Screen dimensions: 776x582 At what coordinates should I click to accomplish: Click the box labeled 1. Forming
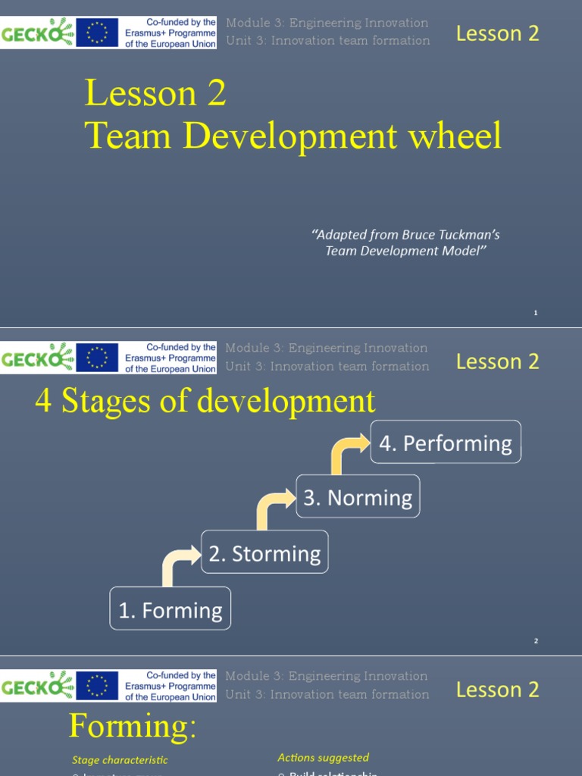(x=171, y=609)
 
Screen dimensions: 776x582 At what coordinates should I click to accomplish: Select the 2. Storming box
(x=264, y=553)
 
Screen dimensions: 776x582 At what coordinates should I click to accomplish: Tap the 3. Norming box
(x=358, y=497)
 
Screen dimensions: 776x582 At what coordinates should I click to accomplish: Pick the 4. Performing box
(x=446, y=443)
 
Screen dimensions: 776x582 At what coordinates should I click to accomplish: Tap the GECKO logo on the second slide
(x=37, y=358)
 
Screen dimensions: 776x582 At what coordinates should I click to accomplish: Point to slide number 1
(x=535, y=312)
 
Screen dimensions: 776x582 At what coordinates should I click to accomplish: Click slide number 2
(x=535, y=641)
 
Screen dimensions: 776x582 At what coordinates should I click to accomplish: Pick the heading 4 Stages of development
(x=205, y=401)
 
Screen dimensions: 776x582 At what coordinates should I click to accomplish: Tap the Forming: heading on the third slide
(x=133, y=727)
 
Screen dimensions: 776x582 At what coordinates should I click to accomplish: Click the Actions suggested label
(x=323, y=757)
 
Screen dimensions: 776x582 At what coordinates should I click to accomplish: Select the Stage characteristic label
(x=120, y=759)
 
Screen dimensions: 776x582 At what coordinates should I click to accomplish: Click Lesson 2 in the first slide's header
(x=497, y=33)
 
